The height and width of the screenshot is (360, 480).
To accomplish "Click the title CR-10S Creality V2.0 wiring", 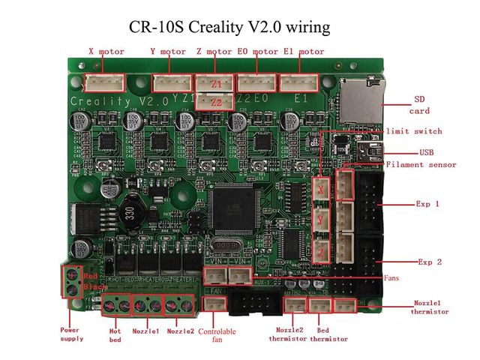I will [240, 28].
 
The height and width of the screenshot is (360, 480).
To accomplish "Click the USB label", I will [427, 151].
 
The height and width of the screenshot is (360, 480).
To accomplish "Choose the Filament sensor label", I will [431, 165].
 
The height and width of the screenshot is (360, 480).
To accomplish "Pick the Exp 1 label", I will [427, 203].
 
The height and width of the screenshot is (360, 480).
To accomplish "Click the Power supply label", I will [72, 334].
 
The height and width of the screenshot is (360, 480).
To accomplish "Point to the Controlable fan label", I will [217, 334].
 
